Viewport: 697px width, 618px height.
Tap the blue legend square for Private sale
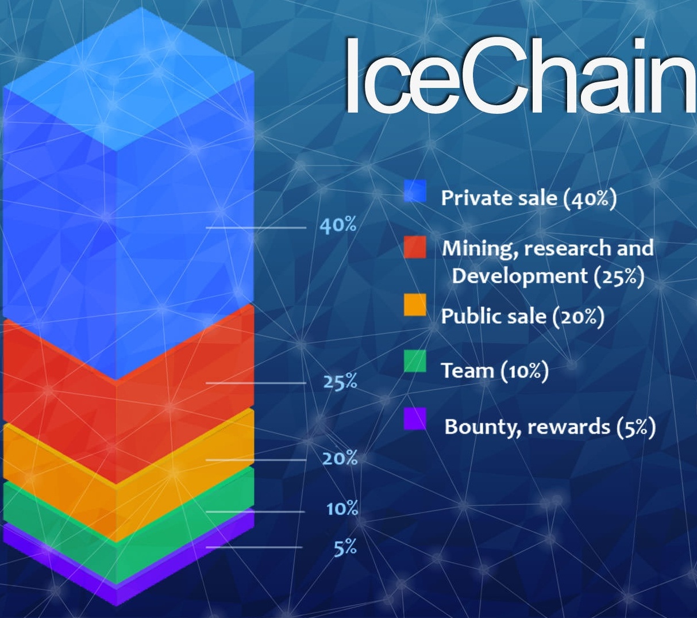(x=415, y=191)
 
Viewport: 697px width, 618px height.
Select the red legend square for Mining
(x=415, y=247)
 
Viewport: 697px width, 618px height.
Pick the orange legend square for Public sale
(x=415, y=305)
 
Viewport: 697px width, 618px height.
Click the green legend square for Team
(x=415, y=361)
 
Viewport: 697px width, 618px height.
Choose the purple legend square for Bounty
(x=415, y=419)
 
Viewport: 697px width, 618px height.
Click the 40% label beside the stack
(x=338, y=225)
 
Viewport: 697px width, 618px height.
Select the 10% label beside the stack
(x=342, y=509)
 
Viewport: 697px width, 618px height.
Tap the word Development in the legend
(x=517, y=276)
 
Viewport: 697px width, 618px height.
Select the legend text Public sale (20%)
(x=522, y=316)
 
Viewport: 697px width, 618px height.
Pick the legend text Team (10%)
(x=495, y=371)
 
